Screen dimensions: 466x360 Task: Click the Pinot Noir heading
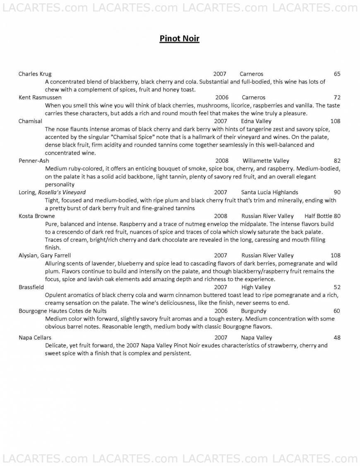(x=180, y=39)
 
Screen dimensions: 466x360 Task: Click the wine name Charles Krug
(x=35, y=74)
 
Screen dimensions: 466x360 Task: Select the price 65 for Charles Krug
(x=337, y=74)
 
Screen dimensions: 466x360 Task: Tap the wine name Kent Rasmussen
(x=40, y=97)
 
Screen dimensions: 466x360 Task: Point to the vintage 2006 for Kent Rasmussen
(x=222, y=97)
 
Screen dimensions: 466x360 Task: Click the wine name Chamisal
(x=30, y=121)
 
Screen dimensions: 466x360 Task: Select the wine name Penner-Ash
(x=33, y=161)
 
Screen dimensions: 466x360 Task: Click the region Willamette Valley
(x=266, y=161)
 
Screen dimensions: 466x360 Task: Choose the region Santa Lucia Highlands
(x=269, y=192)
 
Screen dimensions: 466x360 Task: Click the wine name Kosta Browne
(x=36, y=216)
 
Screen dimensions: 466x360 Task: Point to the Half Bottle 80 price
(x=322, y=216)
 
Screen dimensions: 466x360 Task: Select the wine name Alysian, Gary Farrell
(x=45, y=256)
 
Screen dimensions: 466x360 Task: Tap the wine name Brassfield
(x=32, y=287)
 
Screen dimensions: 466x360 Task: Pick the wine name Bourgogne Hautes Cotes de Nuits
(x=62, y=311)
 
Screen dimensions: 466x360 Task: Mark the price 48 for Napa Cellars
(x=337, y=338)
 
